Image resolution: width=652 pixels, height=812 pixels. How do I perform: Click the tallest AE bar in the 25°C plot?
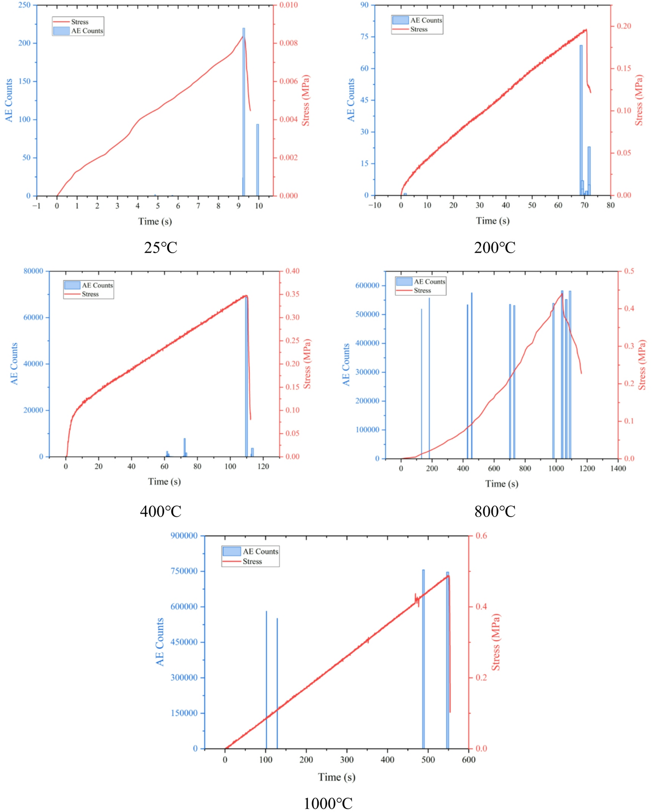click(244, 113)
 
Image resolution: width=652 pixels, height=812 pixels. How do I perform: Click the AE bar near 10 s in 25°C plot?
click(257, 160)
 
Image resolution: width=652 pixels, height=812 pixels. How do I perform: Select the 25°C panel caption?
click(161, 248)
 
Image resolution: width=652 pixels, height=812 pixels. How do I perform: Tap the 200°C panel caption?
click(495, 248)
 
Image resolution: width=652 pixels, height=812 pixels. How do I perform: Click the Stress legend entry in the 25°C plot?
click(79, 22)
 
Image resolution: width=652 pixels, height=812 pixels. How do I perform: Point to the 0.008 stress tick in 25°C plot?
click(288, 43)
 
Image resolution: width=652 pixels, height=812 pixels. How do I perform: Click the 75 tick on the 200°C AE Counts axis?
click(364, 37)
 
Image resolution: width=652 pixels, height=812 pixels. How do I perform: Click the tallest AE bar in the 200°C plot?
click(581, 121)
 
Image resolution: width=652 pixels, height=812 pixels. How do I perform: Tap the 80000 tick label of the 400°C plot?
click(33, 271)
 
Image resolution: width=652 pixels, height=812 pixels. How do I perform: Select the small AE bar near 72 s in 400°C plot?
click(184, 447)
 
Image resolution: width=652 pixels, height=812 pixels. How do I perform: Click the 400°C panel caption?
click(161, 511)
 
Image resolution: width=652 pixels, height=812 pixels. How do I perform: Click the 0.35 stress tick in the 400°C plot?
click(292, 294)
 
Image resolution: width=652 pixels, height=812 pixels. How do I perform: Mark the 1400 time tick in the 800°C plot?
click(618, 469)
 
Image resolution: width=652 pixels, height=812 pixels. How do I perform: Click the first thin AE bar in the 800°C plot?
click(421, 384)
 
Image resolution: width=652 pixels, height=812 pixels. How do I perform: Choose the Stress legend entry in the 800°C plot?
click(422, 291)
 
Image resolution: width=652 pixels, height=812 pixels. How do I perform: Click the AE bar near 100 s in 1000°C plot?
click(266, 682)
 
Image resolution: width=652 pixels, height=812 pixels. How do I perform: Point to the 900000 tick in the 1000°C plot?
click(184, 536)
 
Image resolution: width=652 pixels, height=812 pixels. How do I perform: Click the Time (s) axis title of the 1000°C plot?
click(337, 777)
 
